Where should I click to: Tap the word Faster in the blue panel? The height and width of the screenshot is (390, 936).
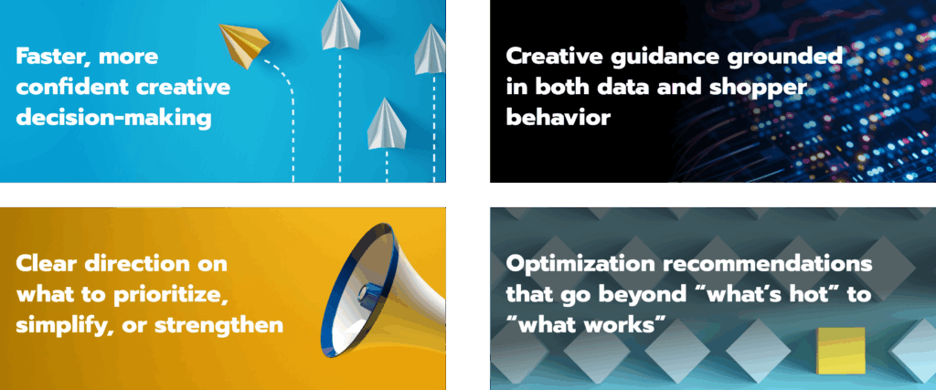53,58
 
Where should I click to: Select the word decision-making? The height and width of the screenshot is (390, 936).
113,118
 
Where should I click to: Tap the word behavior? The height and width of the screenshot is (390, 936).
558,117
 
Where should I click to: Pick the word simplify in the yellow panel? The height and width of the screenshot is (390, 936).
63,326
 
